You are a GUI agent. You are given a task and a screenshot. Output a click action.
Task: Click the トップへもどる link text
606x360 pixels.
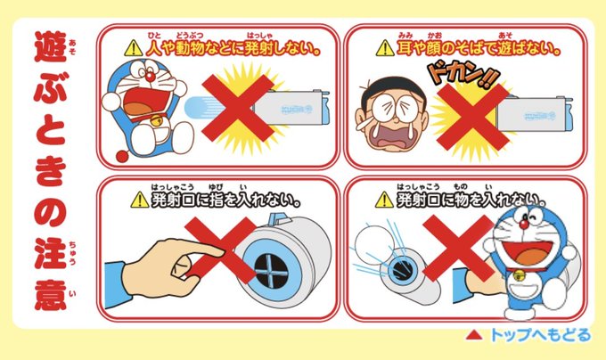point(540,334)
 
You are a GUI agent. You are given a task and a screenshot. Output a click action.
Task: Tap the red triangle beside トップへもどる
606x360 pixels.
point(474,335)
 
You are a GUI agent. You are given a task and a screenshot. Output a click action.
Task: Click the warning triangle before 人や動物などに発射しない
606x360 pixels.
point(134,48)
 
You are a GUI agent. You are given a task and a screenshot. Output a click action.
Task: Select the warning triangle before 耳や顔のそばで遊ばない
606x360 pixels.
point(385,48)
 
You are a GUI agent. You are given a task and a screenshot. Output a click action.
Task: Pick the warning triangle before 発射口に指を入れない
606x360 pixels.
point(140,200)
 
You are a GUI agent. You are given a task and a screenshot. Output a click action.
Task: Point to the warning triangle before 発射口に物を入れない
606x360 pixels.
point(385,200)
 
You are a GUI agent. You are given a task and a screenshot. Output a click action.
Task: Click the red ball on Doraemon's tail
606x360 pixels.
point(123,156)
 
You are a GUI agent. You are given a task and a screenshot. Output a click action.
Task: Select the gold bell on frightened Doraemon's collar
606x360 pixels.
point(157,121)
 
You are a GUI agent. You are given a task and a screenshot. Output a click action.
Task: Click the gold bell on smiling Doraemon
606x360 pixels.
point(519,275)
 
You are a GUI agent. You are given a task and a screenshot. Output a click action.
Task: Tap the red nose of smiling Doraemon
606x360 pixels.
point(524,224)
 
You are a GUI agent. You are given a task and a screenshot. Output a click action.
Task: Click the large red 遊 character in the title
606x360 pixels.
point(51,47)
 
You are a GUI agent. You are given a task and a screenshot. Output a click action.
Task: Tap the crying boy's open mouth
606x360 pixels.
point(390,138)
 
